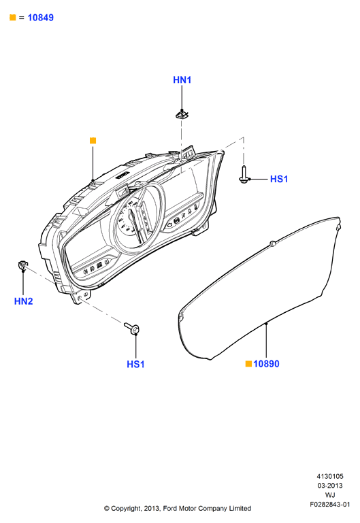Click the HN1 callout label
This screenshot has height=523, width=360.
182,80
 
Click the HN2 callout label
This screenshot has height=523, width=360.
23,301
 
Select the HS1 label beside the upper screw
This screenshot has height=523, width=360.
279,179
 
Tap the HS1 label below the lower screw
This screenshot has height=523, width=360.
135,365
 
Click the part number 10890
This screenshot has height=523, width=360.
266,364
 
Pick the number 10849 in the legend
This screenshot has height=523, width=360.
40,18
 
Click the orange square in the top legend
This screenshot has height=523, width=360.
13,18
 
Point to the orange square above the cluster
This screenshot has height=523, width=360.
93,141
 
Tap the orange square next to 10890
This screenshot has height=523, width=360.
248,364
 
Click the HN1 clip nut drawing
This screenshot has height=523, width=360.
182,115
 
